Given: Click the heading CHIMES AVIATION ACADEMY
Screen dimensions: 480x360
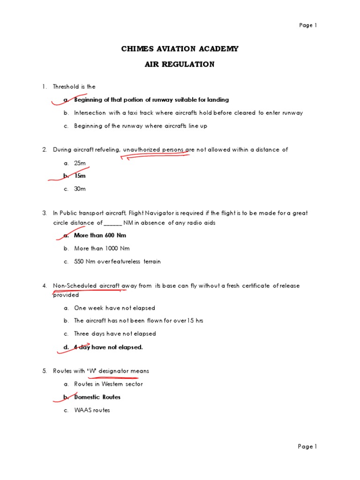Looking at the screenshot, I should pos(180,49).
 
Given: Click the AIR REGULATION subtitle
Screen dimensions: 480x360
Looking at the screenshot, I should pos(180,65).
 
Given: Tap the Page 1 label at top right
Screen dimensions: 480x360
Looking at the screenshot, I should pos(308,25).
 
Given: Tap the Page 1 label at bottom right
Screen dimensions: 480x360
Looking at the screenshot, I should pos(308,447).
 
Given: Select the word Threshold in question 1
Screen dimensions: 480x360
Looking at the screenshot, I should pos(67,87).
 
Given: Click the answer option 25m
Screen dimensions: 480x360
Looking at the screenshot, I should pos(80,163).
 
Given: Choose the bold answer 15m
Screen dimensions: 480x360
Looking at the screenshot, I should pos(80,176).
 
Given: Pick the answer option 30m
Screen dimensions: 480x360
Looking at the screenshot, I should pos(80,189).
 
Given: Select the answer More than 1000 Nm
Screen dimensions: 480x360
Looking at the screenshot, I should pos(102,248).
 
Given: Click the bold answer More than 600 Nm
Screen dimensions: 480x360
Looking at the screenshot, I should pos(100,235).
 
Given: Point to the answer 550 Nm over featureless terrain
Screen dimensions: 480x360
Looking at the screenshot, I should pos(117,262).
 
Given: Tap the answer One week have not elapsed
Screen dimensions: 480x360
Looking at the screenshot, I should pos(114,308).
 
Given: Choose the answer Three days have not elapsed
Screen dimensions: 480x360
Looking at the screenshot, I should pos(115,334).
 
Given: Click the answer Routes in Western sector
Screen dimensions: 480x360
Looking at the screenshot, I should pos(108,384).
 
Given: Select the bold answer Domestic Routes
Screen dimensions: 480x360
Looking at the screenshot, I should pos(97,397).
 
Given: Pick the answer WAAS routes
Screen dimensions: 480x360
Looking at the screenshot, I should pos(92,410).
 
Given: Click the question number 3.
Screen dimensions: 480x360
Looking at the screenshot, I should pos(45,213).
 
